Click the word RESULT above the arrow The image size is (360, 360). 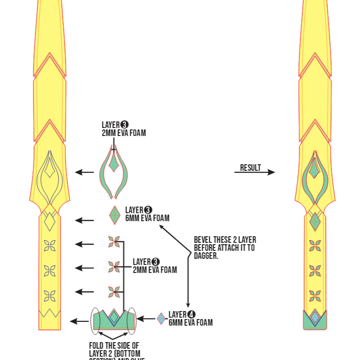(250, 168)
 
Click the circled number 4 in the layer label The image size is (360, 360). (192, 314)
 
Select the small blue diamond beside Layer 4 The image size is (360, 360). (161, 319)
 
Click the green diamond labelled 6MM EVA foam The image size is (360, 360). (115, 216)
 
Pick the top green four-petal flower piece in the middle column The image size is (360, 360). (114, 242)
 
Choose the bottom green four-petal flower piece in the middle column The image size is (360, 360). (114, 292)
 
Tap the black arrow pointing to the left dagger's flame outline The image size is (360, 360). (84, 173)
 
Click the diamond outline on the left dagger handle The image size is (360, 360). (49, 220)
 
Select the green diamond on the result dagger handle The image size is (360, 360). (315, 221)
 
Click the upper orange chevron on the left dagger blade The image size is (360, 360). (49, 64)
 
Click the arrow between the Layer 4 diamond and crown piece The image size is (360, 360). (146, 319)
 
